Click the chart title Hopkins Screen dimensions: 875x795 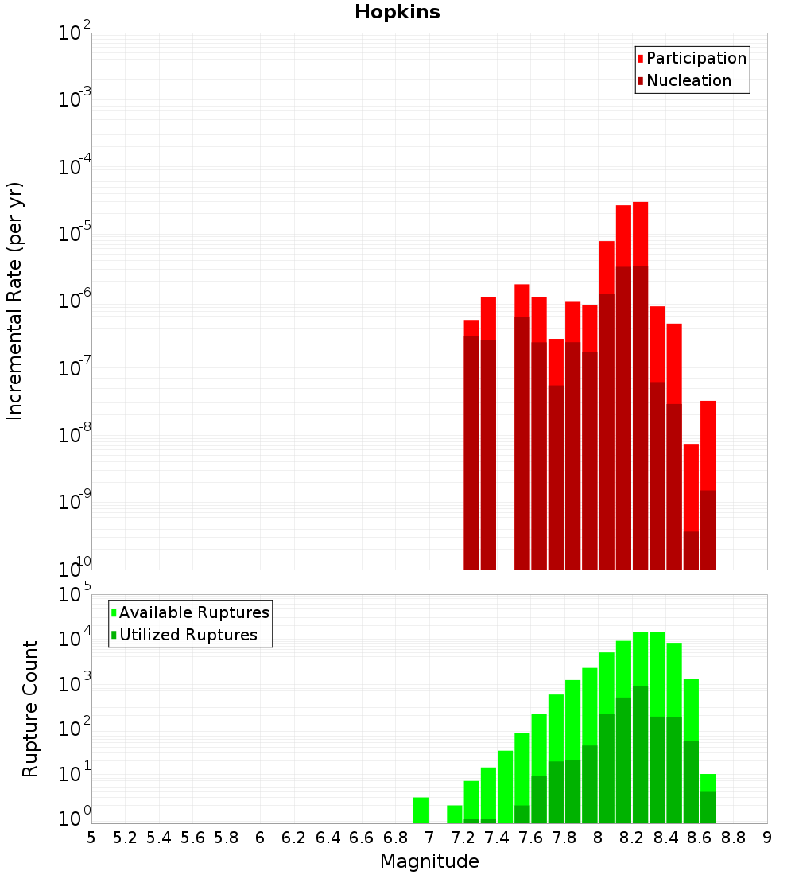pos(397,12)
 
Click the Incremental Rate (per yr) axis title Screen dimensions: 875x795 pos(15,301)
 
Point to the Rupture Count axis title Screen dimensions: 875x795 pos(30,708)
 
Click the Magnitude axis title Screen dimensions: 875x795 pos(429,861)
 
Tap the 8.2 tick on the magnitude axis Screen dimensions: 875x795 pos(632,838)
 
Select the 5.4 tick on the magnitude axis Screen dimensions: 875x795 pos(159,838)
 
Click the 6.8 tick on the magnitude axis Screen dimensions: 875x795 pos(395,838)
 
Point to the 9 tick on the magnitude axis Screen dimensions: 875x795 pos(767,838)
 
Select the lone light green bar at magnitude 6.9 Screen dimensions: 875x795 pos(421,810)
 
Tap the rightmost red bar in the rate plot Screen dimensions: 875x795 pos(708,445)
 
